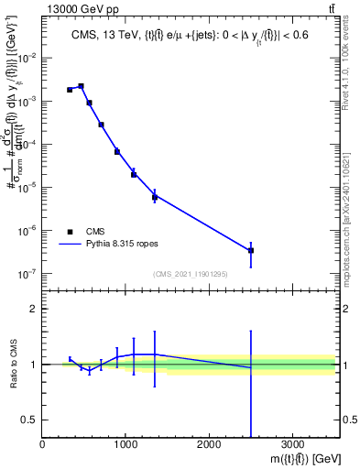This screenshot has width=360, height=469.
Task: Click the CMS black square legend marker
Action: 70,232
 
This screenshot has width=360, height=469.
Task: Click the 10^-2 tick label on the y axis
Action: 27,58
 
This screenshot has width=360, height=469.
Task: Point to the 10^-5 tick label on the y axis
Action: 27,187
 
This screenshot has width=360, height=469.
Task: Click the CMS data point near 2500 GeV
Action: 251,250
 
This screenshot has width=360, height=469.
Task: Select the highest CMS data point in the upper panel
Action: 81,86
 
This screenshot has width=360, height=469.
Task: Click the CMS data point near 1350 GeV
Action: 155,197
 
